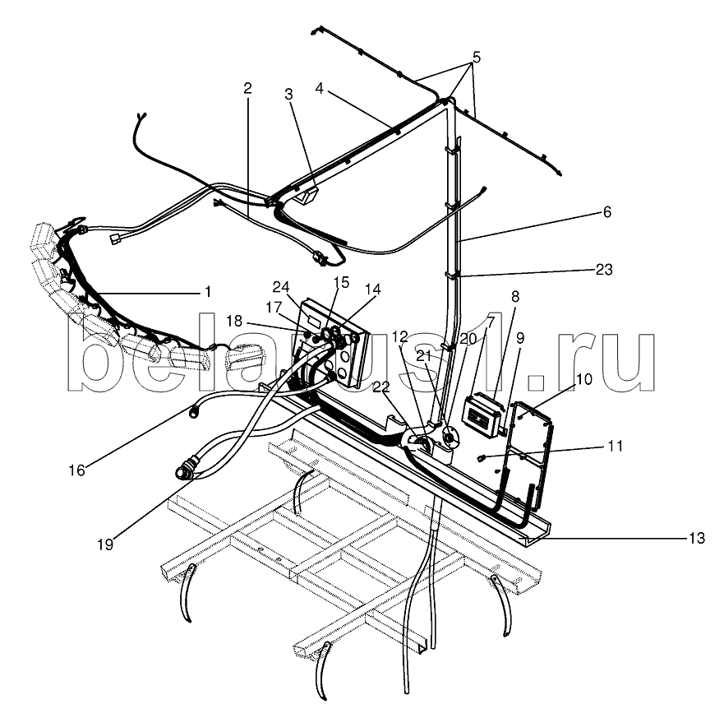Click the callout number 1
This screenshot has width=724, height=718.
tap(208, 291)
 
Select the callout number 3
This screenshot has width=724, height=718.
tap(288, 94)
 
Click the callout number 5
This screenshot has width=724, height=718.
tap(476, 58)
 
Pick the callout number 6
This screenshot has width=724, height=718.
tap(606, 211)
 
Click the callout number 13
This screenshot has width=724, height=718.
tap(696, 539)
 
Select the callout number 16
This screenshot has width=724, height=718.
tap(76, 470)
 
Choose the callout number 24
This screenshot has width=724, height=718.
tap(282, 286)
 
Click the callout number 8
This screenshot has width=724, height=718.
tap(515, 297)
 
